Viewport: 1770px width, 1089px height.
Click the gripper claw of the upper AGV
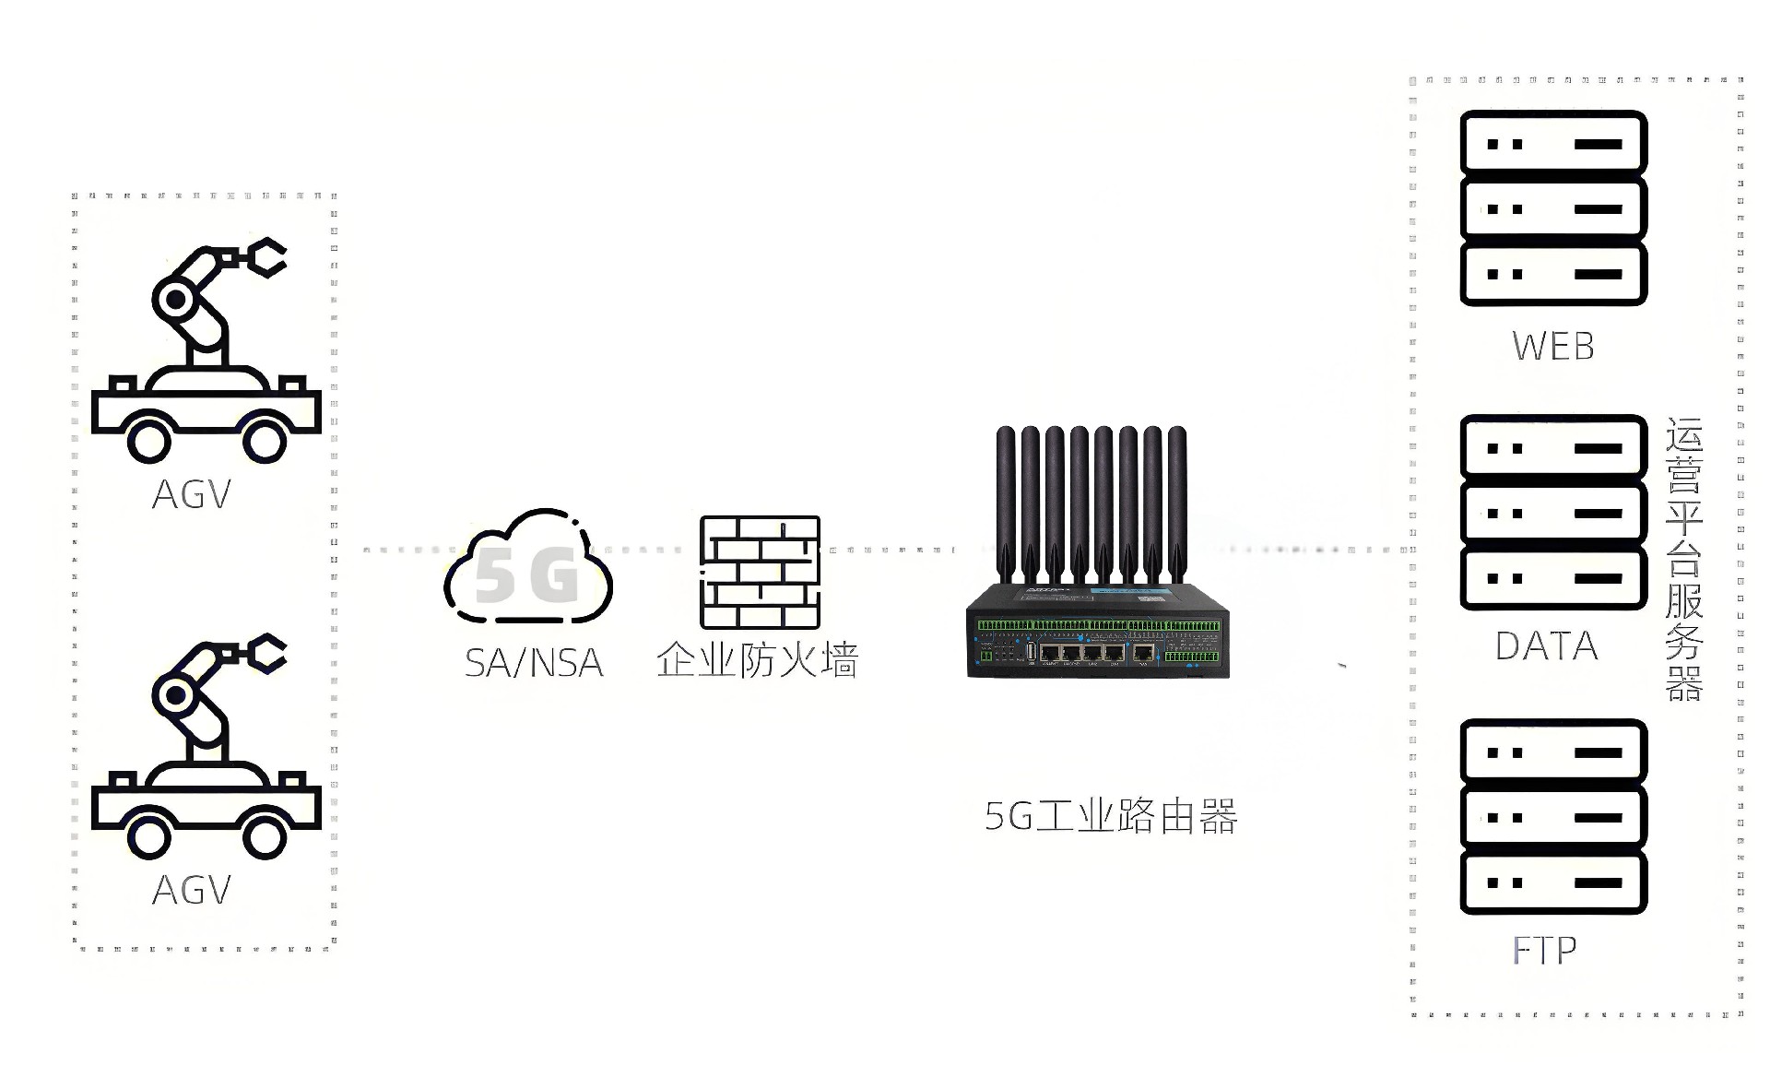point(266,257)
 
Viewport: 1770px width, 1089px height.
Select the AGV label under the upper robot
point(191,495)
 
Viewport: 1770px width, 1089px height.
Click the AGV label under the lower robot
point(191,891)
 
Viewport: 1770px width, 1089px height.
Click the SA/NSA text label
point(534,663)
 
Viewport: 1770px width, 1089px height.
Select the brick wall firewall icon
point(759,572)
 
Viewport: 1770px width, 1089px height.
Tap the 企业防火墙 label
point(757,661)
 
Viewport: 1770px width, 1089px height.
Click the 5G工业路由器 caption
point(1111,817)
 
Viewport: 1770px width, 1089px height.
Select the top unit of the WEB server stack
point(1553,143)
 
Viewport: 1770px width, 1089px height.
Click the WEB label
point(1553,347)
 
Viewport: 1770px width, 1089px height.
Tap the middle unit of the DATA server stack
point(1553,514)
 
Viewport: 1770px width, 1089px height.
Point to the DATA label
point(1546,646)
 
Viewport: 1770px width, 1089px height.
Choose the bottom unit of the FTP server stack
point(1553,882)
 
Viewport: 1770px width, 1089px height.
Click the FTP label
point(1545,951)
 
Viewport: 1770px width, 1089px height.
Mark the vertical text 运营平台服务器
point(1683,560)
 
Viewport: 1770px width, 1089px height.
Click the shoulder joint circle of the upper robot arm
point(174,299)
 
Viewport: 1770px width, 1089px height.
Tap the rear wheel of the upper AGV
point(149,441)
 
